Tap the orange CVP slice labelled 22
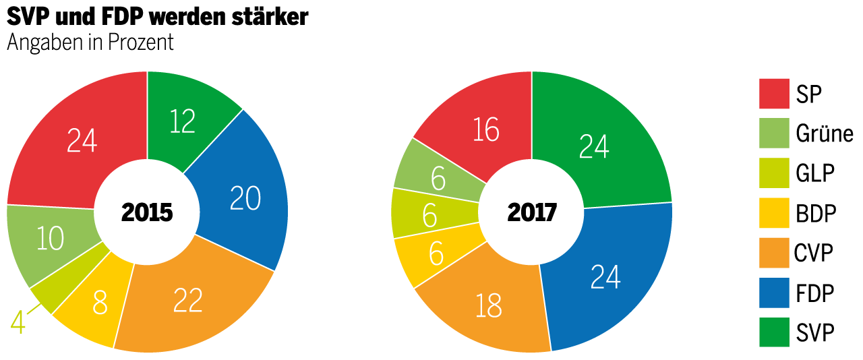187,301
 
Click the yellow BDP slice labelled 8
100,305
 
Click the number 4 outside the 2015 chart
18,322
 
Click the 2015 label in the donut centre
147,213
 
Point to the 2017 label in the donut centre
532,213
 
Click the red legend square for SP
774,94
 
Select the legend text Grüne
824,133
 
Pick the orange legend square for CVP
774,253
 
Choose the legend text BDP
816,213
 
